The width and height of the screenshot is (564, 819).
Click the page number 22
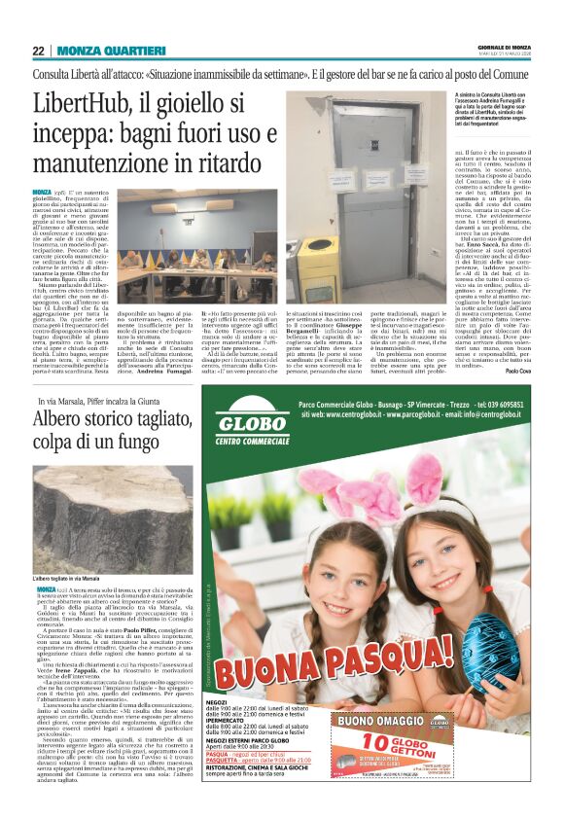tap(38, 51)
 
